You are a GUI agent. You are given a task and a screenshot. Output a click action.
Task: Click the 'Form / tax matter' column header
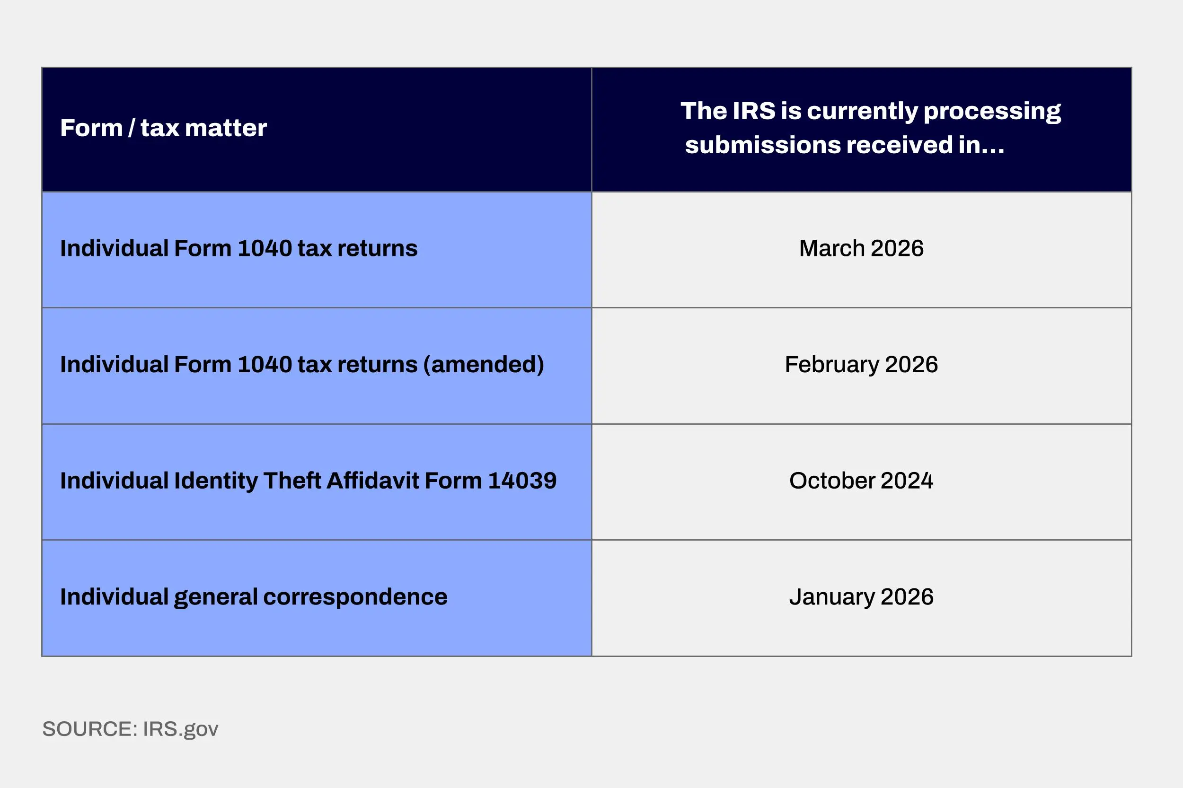pyautogui.click(x=163, y=128)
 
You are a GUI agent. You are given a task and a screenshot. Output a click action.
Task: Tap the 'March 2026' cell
pyautogui.click(x=861, y=248)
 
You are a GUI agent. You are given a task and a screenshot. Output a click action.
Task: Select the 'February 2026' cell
pyautogui.click(x=861, y=364)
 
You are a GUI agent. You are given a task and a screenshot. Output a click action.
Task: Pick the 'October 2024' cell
pyautogui.click(x=861, y=481)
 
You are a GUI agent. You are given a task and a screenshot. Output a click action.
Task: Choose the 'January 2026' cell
pyautogui.click(x=861, y=597)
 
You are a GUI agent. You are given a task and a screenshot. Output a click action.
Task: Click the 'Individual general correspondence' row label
pyautogui.click(x=253, y=597)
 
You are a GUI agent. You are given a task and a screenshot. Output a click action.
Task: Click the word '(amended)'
pyautogui.click(x=484, y=365)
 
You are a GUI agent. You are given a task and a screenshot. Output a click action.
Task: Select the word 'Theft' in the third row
pyautogui.click(x=292, y=481)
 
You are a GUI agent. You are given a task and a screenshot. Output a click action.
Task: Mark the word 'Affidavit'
pyautogui.click(x=372, y=481)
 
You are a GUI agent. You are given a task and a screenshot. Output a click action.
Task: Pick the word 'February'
pyautogui.click(x=831, y=365)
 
